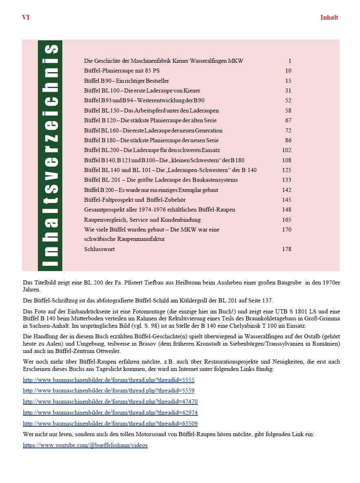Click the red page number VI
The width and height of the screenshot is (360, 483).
pyautogui.click(x=26, y=18)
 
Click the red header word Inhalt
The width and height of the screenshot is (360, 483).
pyautogui.click(x=329, y=18)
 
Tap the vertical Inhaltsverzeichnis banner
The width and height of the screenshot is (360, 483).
pyautogui.click(x=50, y=155)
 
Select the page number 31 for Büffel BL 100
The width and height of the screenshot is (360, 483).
pyautogui.click(x=288, y=90)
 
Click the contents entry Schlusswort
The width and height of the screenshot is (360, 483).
pyautogui.click(x=99, y=249)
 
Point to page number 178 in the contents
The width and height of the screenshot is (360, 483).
pyautogui.click(x=287, y=249)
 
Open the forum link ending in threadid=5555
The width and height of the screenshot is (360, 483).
pyautogui.click(x=109, y=380)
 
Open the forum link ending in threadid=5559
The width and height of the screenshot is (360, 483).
pyautogui.click(x=109, y=390)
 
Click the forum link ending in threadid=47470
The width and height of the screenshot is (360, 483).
pyautogui.click(x=110, y=401)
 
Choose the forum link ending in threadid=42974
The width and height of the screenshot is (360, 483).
pyautogui.click(x=110, y=412)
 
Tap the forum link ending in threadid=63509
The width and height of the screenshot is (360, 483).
pyautogui.click(x=110, y=423)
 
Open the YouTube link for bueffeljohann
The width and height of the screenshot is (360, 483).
pyautogui.click(x=85, y=445)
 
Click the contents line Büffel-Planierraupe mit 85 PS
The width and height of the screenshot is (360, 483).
pyautogui.click(x=122, y=71)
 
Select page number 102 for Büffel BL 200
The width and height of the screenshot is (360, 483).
pyautogui.click(x=287, y=150)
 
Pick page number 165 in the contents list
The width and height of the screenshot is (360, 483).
pyautogui.click(x=287, y=220)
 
